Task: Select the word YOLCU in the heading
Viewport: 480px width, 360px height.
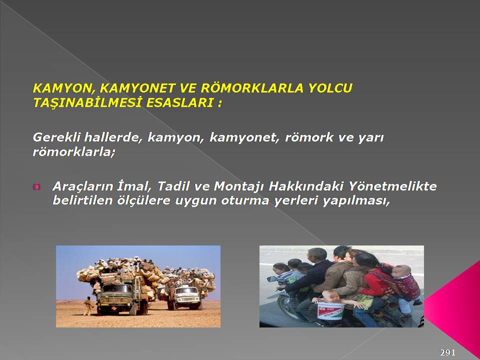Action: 330,88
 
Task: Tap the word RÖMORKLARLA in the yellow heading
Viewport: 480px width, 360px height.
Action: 252,88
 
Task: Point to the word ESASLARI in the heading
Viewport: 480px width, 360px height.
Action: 180,103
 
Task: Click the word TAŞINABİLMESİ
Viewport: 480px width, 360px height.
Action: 87,103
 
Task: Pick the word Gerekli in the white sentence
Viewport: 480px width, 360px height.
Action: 56,137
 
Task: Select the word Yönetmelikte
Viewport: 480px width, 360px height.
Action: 393,186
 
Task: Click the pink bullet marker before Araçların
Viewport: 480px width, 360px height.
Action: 36,186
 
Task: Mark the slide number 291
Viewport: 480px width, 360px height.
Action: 447,352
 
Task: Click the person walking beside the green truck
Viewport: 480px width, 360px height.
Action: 88,306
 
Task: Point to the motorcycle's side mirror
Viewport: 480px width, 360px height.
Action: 272,279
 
